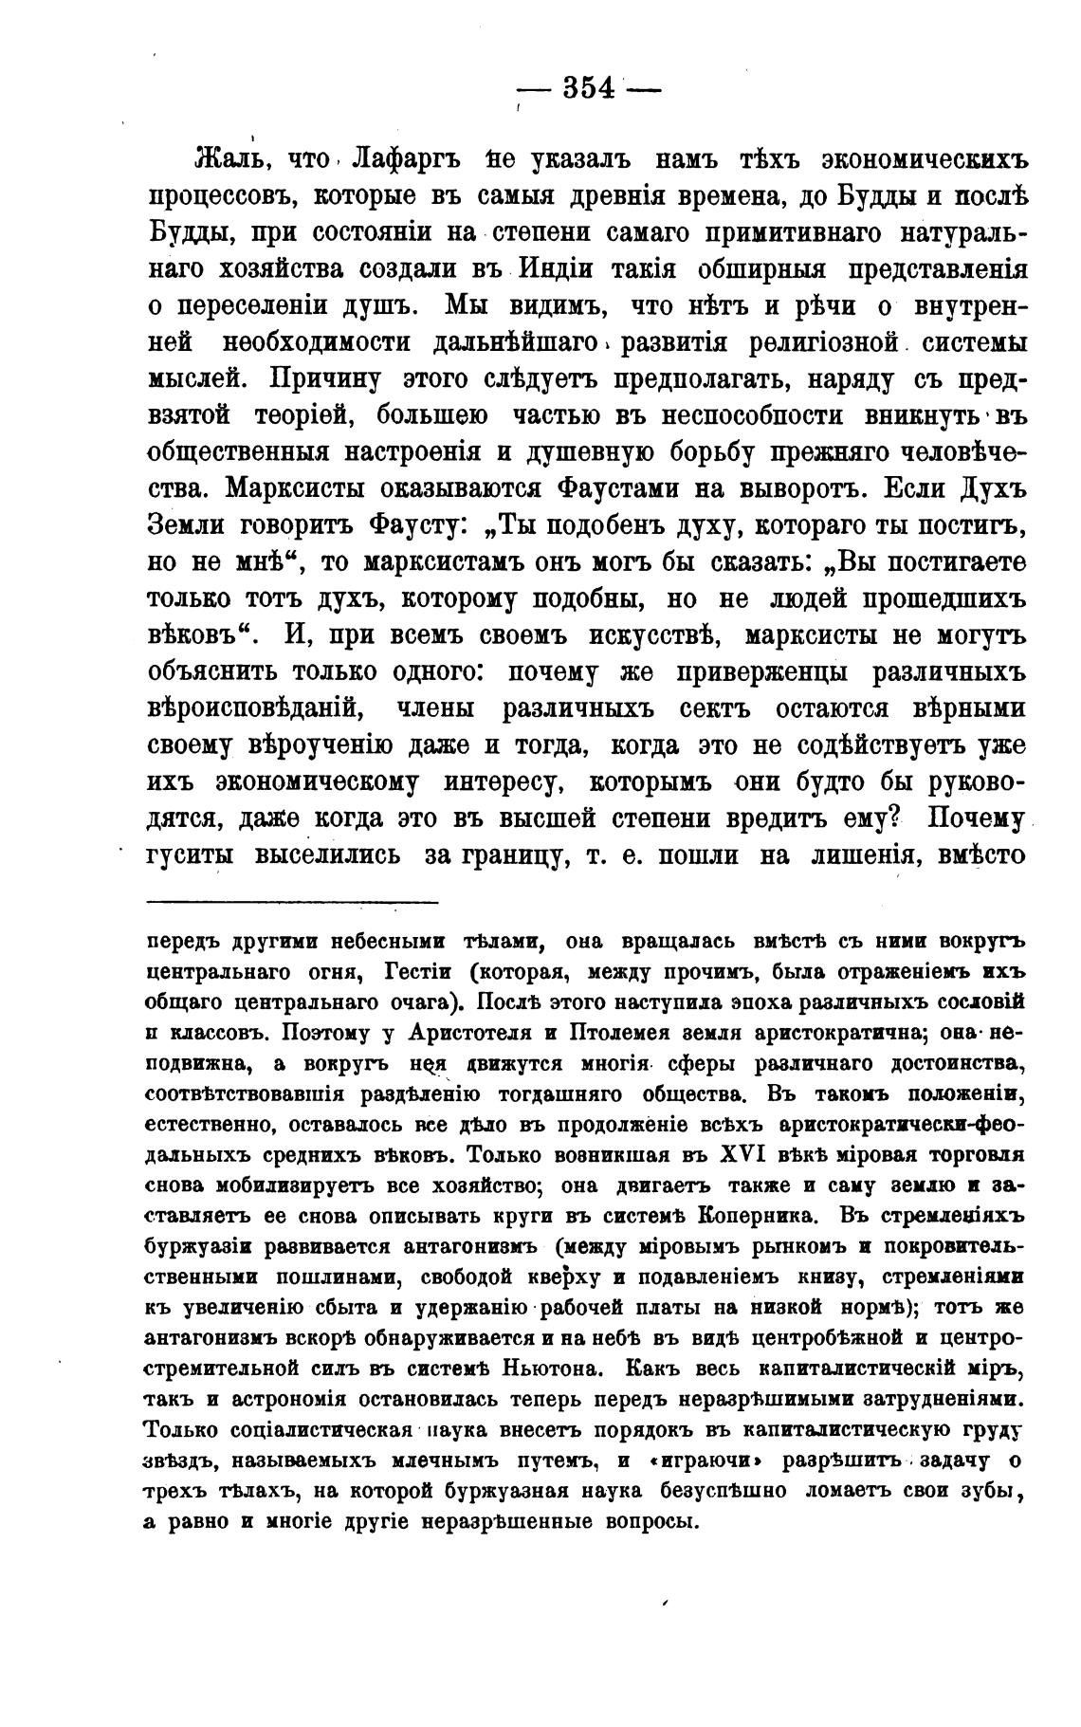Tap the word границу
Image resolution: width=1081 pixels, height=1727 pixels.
click(x=509, y=853)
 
